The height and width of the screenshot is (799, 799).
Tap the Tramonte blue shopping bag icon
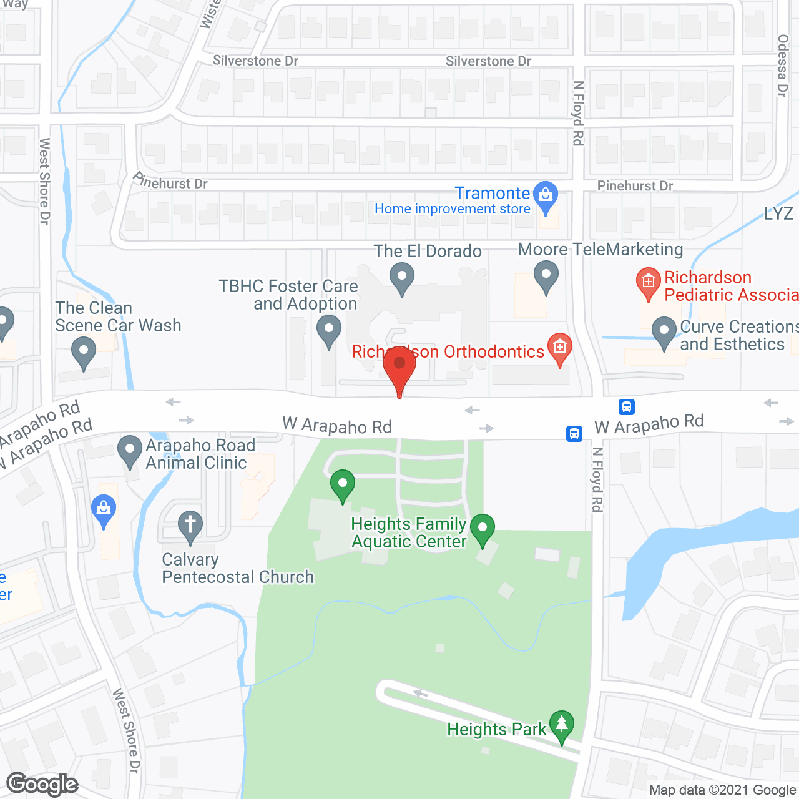[546, 195]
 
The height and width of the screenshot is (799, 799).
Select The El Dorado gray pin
[402, 277]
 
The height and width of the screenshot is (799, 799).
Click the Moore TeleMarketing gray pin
[546, 275]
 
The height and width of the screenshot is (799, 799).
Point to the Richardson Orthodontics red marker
[560, 347]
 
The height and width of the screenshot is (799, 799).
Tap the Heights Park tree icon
[562, 725]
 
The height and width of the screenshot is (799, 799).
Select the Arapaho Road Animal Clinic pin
[130, 449]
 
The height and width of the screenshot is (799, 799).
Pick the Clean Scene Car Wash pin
[83, 351]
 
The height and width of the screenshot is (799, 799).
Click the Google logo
[42, 784]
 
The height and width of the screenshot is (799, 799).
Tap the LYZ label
[778, 214]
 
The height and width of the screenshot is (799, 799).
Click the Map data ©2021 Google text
[723, 790]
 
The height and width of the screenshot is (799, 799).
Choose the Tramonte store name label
[492, 194]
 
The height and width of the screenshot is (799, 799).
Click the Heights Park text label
[497, 729]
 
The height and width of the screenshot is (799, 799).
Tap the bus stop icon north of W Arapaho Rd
[627, 407]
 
